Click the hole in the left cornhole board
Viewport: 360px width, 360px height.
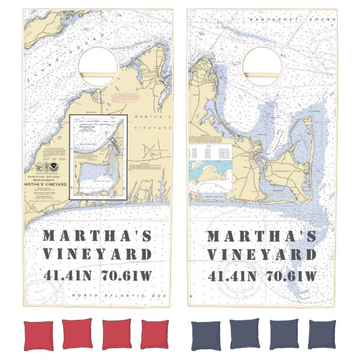point(98,66)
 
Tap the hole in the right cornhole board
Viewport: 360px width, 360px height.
point(262,66)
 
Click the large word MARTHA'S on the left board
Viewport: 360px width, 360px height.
point(97,235)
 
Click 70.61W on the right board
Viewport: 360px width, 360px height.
point(291,276)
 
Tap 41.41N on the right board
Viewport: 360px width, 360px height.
point(233,276)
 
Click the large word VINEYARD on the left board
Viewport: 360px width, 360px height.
point(97,255)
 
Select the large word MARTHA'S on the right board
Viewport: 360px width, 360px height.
point(262,235)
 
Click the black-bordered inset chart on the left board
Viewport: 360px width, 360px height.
point(99,157)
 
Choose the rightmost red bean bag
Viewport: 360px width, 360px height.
point(155,335)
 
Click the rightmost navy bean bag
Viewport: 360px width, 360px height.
point(321,334)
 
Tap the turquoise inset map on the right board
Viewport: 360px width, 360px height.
point(210,173)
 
